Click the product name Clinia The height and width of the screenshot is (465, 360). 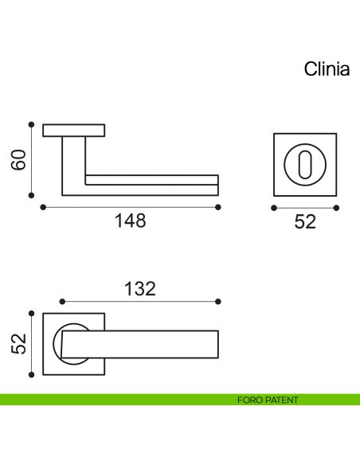(327, 70)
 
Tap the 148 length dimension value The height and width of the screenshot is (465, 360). (130, 221)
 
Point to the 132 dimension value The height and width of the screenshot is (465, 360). (139, 287)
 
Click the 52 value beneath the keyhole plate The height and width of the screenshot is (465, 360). (305, 222)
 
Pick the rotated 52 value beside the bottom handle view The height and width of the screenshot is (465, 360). (19, 344)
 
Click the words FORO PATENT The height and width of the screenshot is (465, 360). (268, 400)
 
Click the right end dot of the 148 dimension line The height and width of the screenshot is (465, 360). (218, 207)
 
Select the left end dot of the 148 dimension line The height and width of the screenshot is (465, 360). (41, 207)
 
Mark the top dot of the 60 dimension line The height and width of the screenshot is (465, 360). (31, 124)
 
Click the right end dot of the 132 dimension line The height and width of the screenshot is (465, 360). (218, 302)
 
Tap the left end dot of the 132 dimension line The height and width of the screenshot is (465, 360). (62, 302)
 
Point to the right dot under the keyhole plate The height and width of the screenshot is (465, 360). (336, 208)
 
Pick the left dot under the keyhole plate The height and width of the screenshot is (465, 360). (274, 208)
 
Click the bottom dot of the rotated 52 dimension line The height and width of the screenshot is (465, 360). (31, 374)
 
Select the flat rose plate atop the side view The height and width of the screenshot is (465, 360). (74, 130)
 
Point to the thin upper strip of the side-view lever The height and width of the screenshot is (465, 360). (151, 178)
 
